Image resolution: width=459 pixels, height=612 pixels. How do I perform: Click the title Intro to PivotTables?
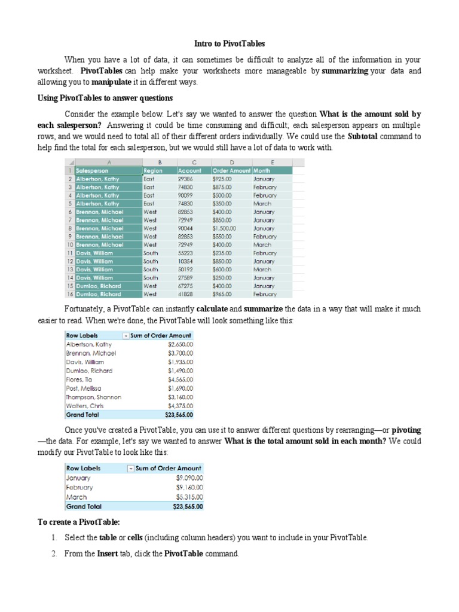[229, 44]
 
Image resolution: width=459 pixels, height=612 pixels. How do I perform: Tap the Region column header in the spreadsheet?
[154, 170]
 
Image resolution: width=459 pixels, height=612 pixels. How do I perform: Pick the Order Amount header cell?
[232, 170]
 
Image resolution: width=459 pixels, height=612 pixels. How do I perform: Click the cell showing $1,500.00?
[225, 228]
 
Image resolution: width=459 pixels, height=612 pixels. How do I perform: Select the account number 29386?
[185, 179]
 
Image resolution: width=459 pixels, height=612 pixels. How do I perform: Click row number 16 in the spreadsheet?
[70, 294]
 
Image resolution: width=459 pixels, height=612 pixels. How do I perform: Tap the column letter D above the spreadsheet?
[232, 162]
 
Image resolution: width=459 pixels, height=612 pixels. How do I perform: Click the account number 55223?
[185, 253]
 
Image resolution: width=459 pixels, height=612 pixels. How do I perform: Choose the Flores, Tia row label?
[81, 379]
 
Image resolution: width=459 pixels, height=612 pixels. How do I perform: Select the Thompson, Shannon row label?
[93, 397]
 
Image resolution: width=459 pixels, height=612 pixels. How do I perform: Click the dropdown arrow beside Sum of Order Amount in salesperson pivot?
[126, 336]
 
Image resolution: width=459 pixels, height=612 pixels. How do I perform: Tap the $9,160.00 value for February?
[189, 487]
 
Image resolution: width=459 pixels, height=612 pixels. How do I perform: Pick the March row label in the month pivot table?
[76, 497]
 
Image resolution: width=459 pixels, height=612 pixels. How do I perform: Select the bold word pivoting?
[405, 430]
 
